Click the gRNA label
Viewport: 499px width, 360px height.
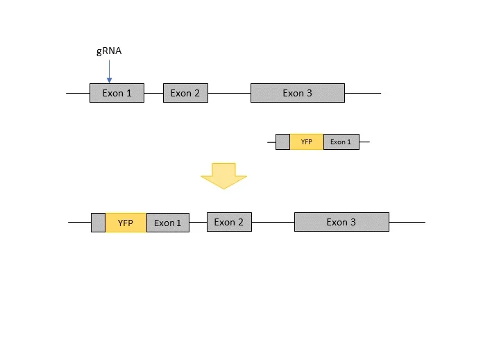pyautogui.click(x=109, y=51)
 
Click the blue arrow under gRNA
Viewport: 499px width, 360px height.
pyautogui.click(x=109, y=71)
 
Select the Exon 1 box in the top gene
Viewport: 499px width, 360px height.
pyautogui.click(x=117, y=93)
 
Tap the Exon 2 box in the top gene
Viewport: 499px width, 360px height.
pyautogui.click(x=185, y=93)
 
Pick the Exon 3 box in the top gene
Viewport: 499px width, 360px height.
pyautogui.click(x=297, y=93)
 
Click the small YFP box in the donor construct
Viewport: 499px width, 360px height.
pyautogui.click(x=306, y=142)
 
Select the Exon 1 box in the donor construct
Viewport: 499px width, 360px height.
pyautogui.click(x=341, y=142)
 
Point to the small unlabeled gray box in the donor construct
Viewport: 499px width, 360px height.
pyautogui.click(x=282, y=142)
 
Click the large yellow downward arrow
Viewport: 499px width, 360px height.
pyautogui.click(x=224, y=175)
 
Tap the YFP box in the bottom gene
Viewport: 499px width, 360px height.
pyautogui.click(x=126, y=223)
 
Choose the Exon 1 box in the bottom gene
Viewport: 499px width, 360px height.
pyautogui.click(x=167, y=223)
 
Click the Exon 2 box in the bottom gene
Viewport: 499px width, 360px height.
pyautogui.click(x=229, y=222)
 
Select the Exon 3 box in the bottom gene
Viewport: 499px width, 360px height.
pyautogui.click(x=341, y=222)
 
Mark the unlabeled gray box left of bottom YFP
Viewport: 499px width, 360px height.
pyautogui.click(x=98, y=223)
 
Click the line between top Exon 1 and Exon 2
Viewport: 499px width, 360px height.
pyautogui.click(x=153, y=93)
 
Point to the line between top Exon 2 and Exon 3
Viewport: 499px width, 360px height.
pyautogui.click(x=229, y=93)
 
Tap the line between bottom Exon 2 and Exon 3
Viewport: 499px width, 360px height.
pyautogui.click(x=273, y=222)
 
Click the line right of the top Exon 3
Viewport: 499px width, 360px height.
pyautogui.click(x=362, y=93)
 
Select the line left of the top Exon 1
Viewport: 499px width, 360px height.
pyautogui.click(x=78, y=93)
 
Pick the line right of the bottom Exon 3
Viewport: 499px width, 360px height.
pyautogui.click(x=407, y=222)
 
